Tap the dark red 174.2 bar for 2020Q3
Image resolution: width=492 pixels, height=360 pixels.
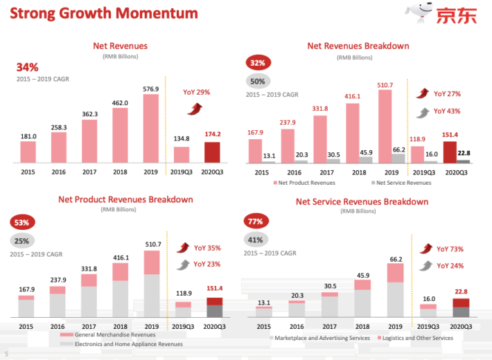pos(212,152)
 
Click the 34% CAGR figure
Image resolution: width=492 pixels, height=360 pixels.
pos(27,67)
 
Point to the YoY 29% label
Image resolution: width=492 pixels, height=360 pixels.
pos(197,92)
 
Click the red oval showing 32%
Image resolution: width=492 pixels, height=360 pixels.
pos(257,63)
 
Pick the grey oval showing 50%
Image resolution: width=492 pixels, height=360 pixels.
pos(257,80)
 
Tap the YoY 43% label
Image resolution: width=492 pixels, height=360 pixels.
pos(447,111)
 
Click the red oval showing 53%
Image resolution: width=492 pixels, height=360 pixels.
pos(21,223)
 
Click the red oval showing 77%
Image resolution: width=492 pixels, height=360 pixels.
pos(255,222)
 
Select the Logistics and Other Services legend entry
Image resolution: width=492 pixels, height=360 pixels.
pos(416,338)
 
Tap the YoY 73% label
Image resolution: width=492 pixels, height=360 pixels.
pos(449,249)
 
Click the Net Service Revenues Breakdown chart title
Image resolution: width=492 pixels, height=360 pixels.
pos(362,201)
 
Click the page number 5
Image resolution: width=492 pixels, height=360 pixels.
pos(6,353)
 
